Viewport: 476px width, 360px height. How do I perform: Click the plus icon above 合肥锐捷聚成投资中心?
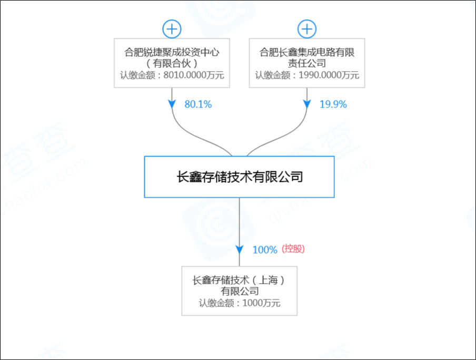coord(172,28)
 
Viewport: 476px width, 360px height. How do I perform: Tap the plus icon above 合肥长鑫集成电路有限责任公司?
coord(307,28)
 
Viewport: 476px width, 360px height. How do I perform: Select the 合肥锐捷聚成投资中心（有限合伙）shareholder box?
coord(172,63)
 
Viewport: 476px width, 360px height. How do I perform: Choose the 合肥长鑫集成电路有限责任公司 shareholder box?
coord(307,63)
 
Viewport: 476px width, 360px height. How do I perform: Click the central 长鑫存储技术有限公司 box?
coord(239,177)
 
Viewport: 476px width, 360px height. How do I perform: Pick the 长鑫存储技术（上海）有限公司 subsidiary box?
coord(239,291)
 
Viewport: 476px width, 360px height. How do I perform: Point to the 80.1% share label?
coord(198,104)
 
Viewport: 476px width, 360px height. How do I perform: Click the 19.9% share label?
coord(333,104)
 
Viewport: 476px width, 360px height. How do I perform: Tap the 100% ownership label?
coord(265,250)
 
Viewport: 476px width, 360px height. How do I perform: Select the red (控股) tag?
coord(293,249)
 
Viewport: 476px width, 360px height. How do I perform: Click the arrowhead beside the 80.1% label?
coord(172,104)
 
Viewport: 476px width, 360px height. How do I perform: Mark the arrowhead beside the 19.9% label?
coord(307,104)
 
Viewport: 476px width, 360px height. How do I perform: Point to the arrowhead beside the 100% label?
coord(239,249)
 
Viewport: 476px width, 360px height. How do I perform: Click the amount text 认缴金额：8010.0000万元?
coord(172,75)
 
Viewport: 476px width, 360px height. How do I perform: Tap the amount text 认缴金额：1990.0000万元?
coord(307,75)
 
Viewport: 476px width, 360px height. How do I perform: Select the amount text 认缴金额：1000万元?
coord(239,303)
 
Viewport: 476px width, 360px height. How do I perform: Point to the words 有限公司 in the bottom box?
coord(239,291)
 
